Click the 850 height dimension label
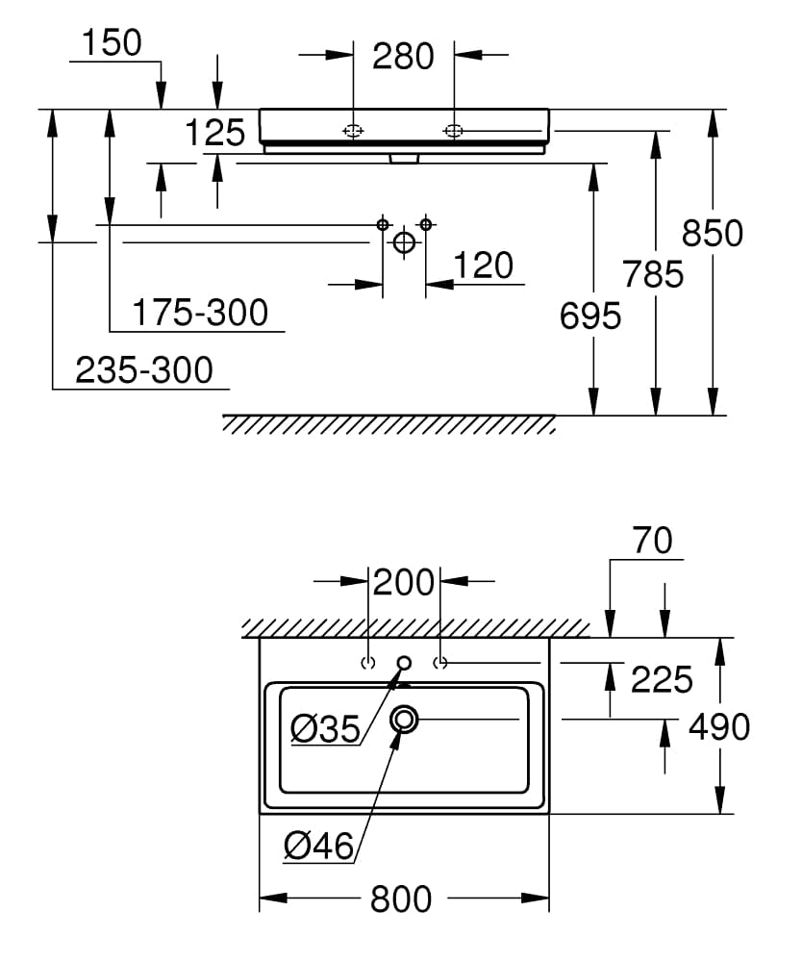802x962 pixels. coord(713,234)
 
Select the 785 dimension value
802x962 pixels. coord(653,274)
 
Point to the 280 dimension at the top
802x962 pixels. coord(403,57)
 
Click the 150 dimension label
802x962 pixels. coord(111,42)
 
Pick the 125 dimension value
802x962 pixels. coord(215,133)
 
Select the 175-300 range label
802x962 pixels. coord(199,313)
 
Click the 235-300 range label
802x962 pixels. coord(144,370)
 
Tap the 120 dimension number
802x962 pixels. coord(483,266)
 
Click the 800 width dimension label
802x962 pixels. coord(401,899)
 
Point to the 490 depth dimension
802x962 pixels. coord(719,727)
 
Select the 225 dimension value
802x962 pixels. coord(662,680)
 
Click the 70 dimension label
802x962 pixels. coord(653,541)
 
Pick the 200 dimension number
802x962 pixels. coord(404,582)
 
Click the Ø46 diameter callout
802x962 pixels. coord(319,846)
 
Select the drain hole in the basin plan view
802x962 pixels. coord(404,719)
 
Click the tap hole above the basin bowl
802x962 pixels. coord(404,662)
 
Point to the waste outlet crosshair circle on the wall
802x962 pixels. coord(404,242)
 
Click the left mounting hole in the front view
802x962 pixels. coord(353,130)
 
